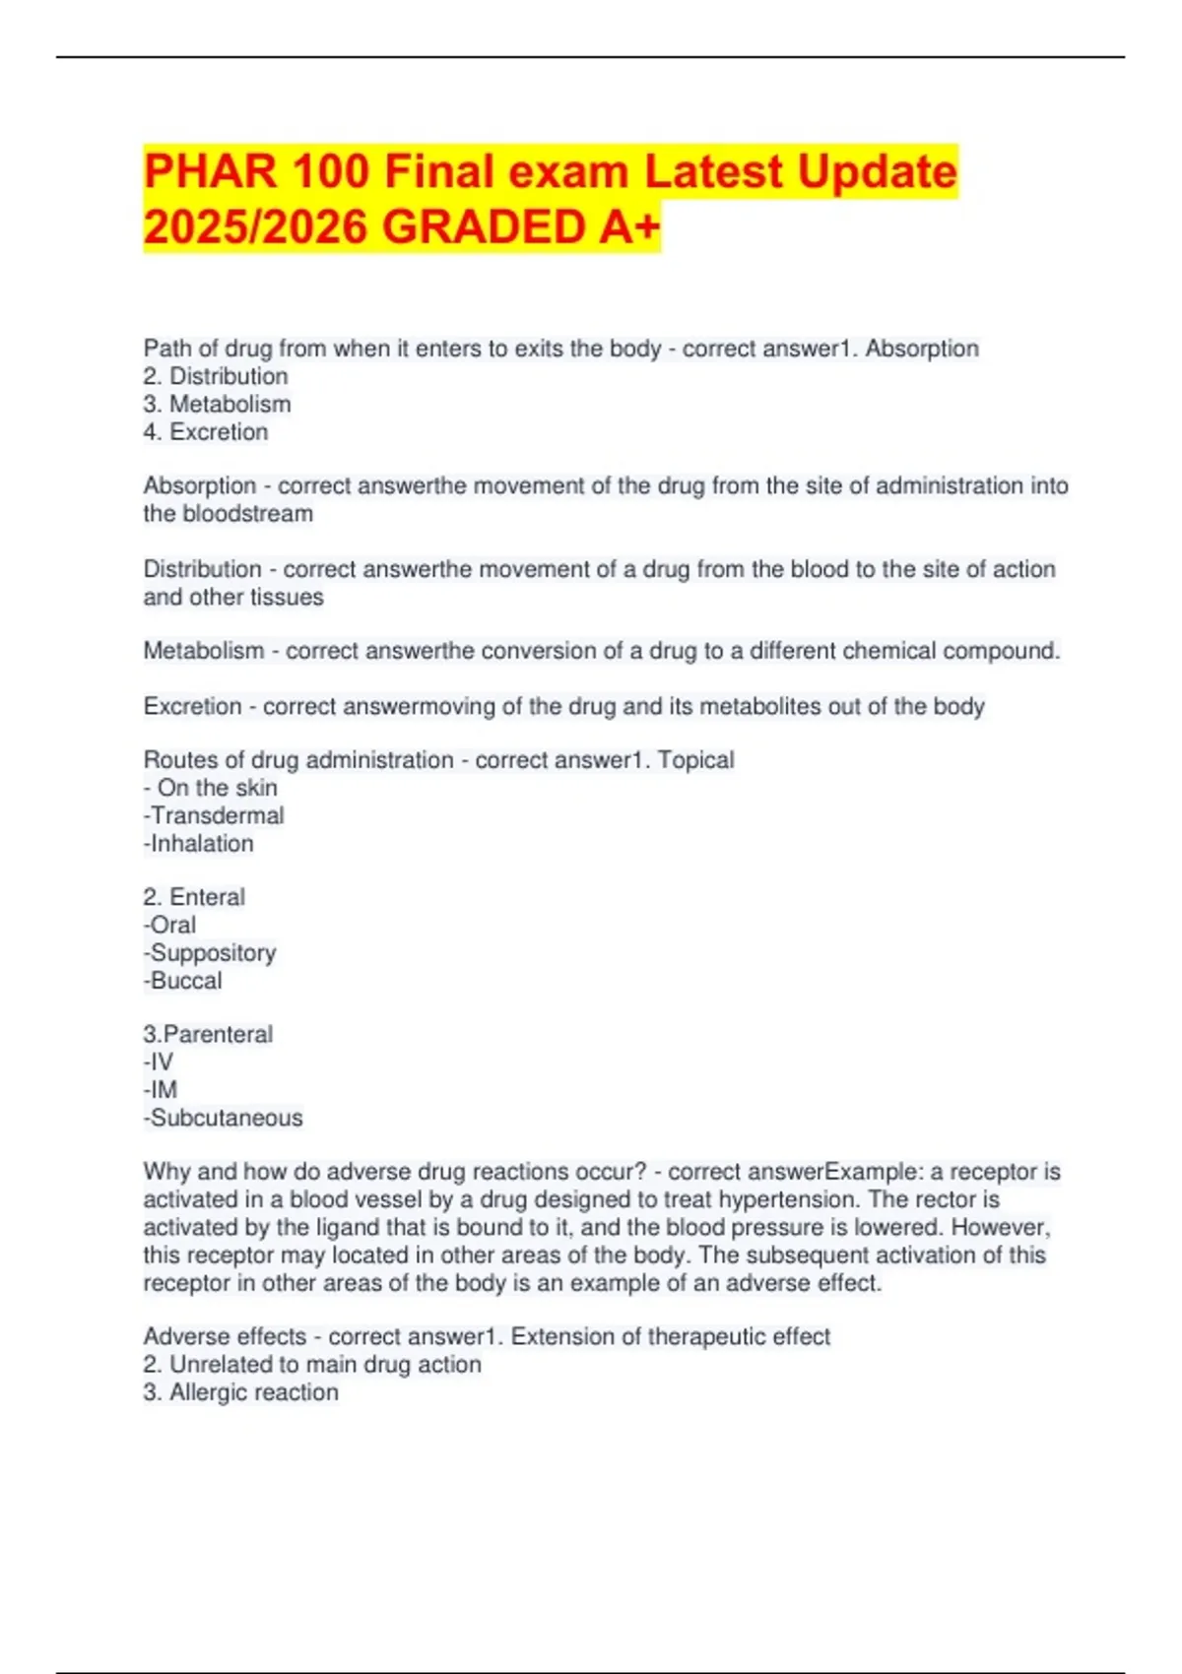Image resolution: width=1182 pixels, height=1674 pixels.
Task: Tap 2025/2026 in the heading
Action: click(255, 227)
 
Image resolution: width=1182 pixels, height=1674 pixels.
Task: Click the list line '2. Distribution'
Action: click(216, 376)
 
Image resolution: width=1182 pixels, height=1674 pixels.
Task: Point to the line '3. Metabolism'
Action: click(217, 404)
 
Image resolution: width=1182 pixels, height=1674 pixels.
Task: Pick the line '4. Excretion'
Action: click(206, 431)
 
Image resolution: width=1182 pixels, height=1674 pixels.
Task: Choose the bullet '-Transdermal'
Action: click(214, 815)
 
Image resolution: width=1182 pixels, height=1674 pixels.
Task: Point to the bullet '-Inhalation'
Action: click(199, 843)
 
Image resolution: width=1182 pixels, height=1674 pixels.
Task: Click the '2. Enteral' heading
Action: click(194, 897)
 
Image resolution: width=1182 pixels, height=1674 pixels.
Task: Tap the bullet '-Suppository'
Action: click(210, 952)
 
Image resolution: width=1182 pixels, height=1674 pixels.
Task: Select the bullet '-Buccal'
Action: click(183, 981)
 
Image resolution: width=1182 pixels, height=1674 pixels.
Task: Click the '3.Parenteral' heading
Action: click(208, 1034)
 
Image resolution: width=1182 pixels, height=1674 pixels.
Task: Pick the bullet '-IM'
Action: click(161, 1090)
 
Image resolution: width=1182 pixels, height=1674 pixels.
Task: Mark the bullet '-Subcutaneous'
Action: click(224, 1118)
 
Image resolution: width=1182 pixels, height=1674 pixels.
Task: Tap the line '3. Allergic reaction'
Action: click(240, 1392)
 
